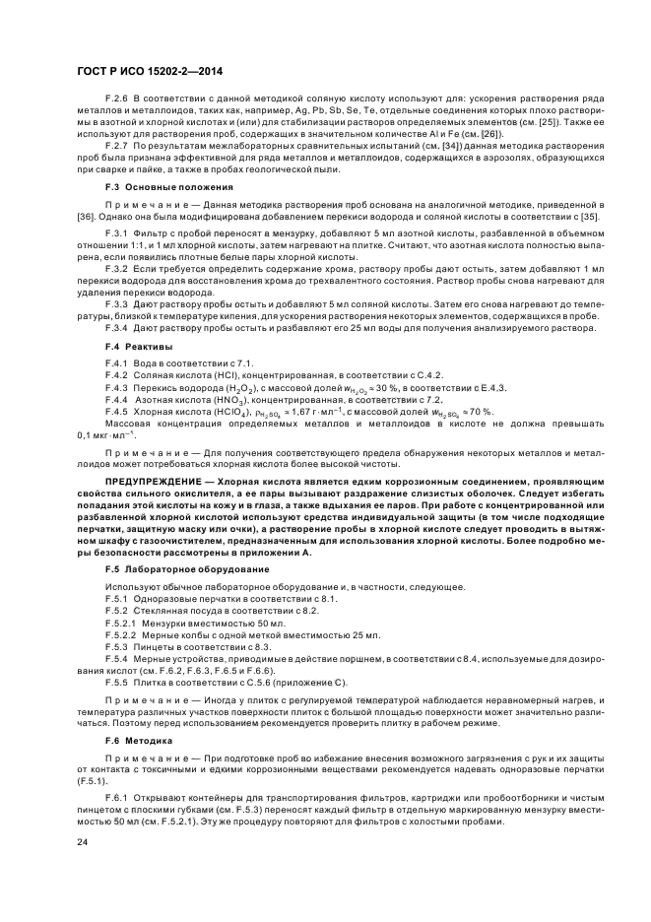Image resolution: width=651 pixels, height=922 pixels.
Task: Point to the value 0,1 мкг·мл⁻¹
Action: [105, 435]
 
